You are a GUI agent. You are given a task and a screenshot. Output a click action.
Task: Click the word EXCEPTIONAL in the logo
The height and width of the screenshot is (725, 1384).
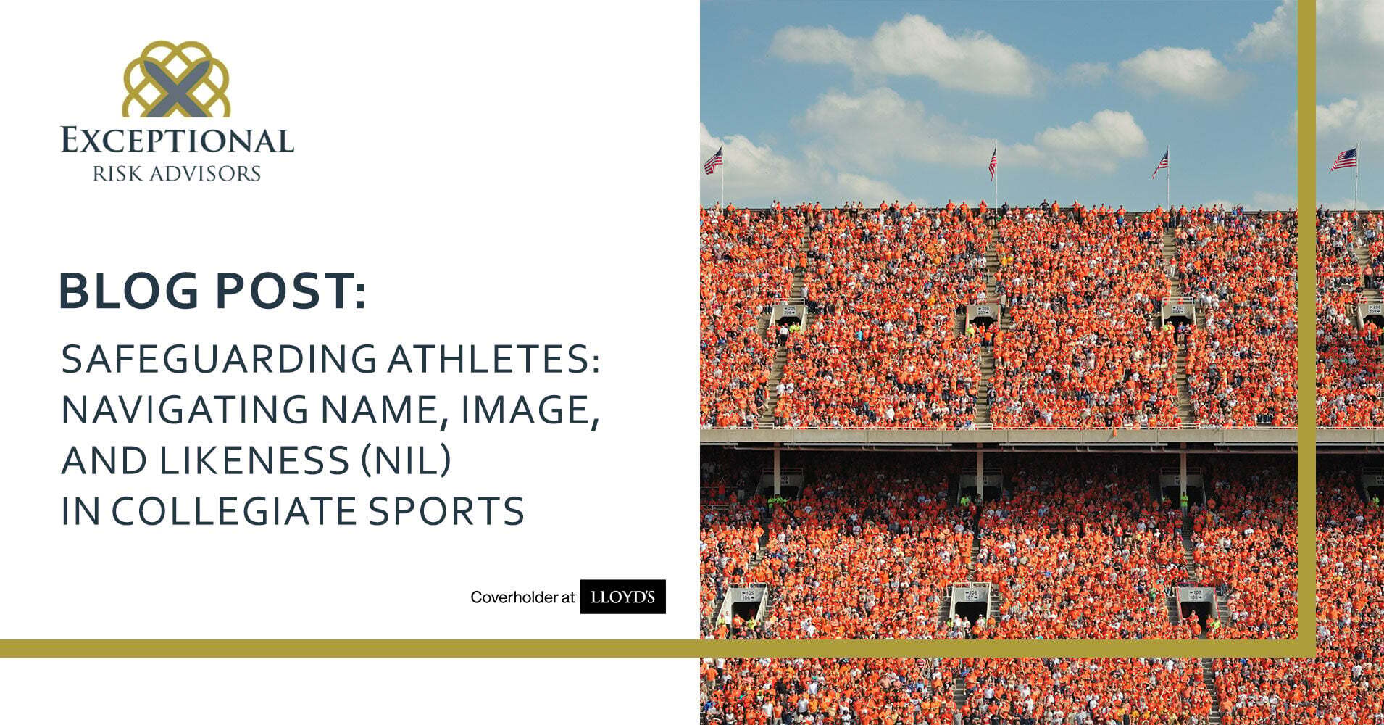[178, 140]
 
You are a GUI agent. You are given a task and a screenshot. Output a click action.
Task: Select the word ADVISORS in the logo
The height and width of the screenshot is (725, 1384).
[207, 173]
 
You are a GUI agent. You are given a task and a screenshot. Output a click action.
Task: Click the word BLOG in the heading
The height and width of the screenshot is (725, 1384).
[128, 291]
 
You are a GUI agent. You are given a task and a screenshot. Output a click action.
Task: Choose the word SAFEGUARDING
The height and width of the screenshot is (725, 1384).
[219, 359]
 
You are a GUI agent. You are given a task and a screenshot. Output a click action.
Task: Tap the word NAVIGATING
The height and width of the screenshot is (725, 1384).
[185, 410]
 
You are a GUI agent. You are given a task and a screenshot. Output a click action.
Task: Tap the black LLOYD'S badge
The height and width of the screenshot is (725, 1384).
[623, 597]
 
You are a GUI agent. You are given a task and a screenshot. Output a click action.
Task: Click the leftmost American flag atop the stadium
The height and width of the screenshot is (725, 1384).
[713, 160]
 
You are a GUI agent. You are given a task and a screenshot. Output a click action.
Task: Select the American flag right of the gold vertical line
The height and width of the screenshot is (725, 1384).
[1344, 159]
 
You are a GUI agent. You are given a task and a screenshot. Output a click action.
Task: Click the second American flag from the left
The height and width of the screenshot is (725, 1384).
[993, 162]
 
